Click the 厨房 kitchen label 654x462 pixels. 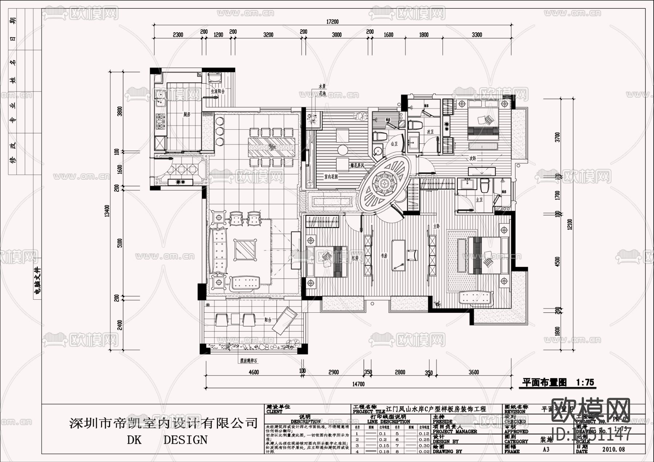(x=187, y=114)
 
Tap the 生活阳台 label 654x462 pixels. (x=218, y=92)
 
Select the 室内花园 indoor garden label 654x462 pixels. (x=331, y=177)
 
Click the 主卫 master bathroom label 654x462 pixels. (x=479, y=200)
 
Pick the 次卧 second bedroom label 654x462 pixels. (x=472, y=158)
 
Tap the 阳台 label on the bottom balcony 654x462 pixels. (x=268, y=320)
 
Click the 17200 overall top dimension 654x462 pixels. (x=332, y=22)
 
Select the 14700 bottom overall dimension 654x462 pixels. (x=358, y=384)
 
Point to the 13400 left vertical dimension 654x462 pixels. (x=107, y=211)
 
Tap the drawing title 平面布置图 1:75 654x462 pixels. (x=558, y=382)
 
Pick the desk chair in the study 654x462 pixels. (x=412, y=255)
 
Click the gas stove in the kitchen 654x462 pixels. (x=160, y=122)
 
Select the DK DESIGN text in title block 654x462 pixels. (x=167, y=440)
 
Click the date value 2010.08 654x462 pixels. (x=614, y=449)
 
